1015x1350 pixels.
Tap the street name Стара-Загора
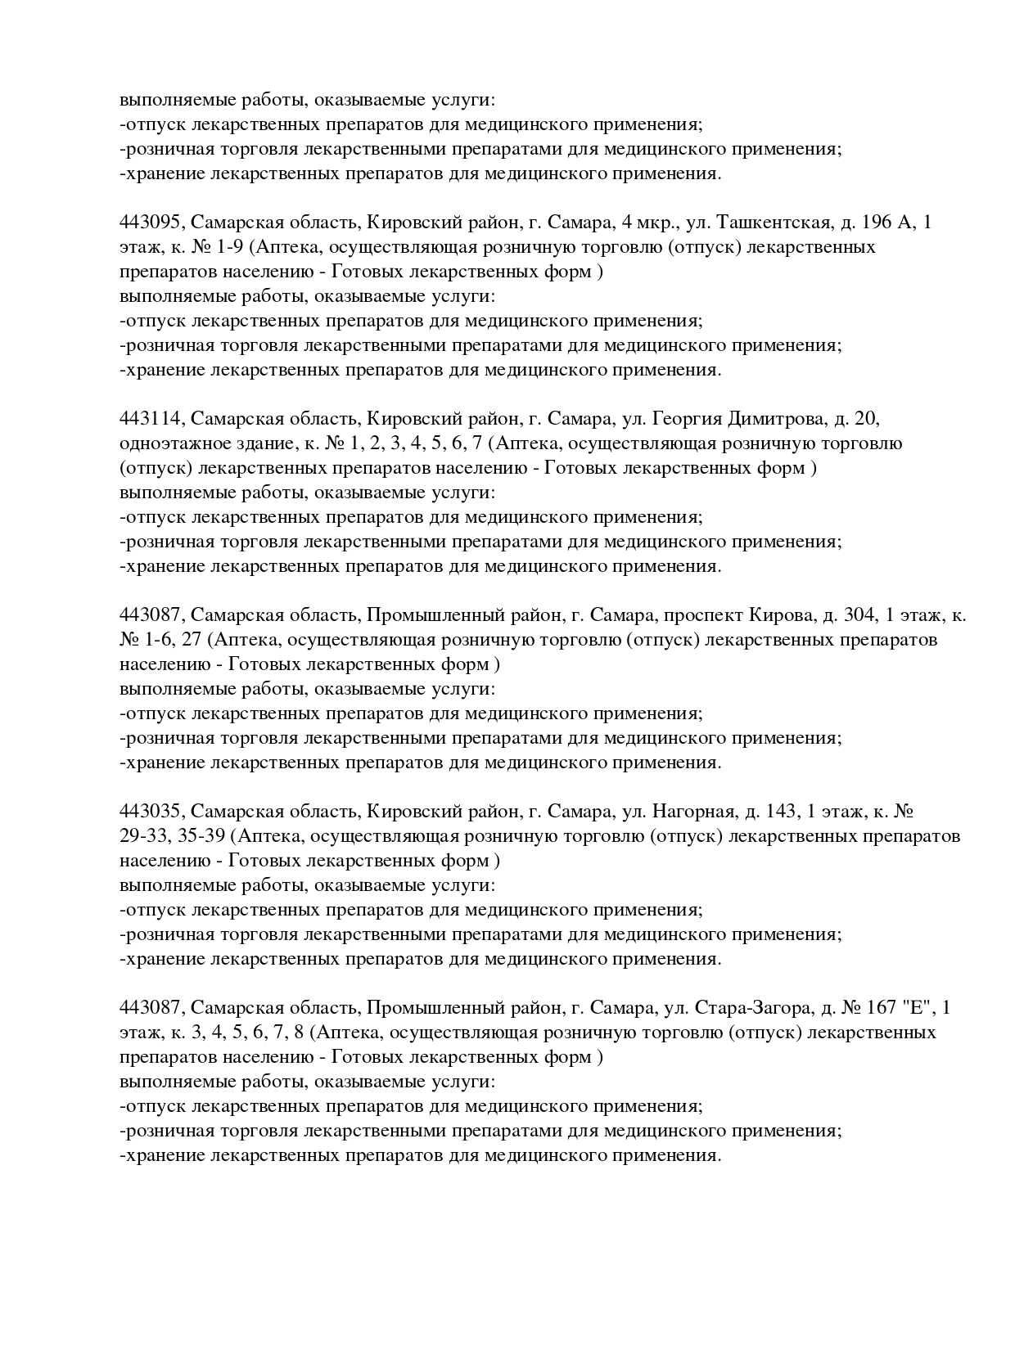pos(751,1008)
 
